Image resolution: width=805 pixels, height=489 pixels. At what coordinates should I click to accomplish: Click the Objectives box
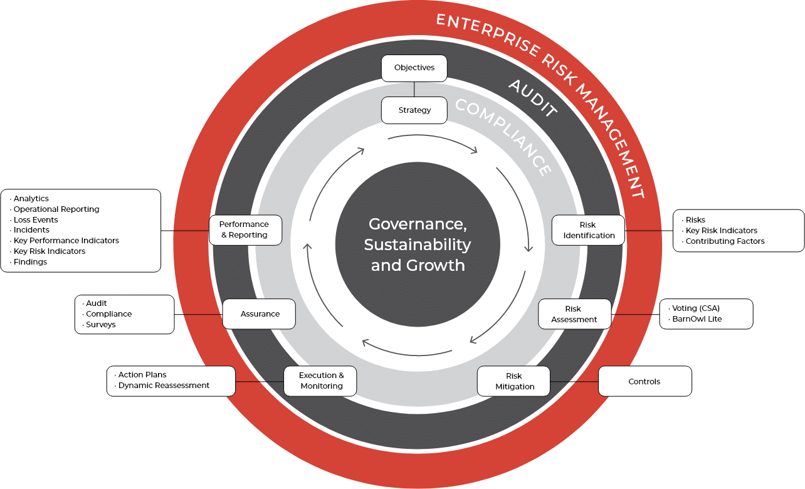point(414,68)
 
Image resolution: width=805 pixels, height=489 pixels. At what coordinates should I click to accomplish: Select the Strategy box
point(414,110)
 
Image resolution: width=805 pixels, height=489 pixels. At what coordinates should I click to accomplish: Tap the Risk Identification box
point(588,230)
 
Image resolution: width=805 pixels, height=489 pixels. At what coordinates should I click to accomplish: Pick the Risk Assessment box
point(574,314)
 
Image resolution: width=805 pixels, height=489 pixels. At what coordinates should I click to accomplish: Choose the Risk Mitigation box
point(513,381)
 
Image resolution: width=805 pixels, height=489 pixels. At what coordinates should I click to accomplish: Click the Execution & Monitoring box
point(320,381)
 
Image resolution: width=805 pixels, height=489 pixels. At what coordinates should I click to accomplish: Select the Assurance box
point(259,313)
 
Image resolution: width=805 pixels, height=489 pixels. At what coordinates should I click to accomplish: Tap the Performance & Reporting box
point(245,229)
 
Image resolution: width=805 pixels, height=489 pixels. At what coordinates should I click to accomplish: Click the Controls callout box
point(645,381)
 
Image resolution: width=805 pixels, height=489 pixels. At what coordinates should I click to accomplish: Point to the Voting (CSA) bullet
point(695,308)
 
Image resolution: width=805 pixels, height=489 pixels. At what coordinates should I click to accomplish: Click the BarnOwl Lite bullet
point(697,319)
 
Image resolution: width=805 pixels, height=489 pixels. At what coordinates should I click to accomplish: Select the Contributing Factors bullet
point(725,241)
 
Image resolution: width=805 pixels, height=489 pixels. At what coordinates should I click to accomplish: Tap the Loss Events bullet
point(36,220)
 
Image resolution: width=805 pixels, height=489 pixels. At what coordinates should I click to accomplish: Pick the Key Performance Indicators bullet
point(66,241)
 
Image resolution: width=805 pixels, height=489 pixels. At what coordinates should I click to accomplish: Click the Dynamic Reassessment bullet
point(164,386)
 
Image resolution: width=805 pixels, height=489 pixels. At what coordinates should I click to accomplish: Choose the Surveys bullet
point(100,325)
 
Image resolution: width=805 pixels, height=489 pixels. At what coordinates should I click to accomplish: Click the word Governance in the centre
point(418,224)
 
